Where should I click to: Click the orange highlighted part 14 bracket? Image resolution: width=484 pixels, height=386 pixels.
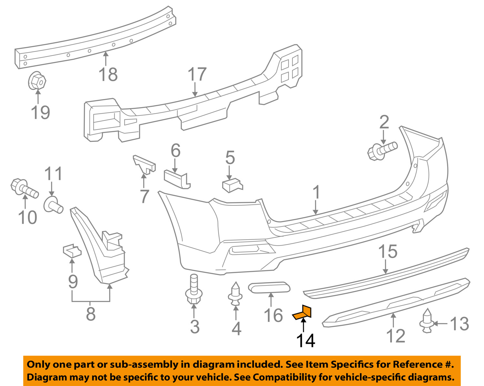click(x=302, y=313)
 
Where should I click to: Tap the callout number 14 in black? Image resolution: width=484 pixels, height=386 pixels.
click(x=305, y=341)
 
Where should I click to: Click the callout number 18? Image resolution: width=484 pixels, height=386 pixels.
click(x=108, y=75)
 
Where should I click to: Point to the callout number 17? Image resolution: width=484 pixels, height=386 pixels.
click(x=197, y=74)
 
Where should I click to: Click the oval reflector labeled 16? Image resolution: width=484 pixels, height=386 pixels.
click(x=269, y=288)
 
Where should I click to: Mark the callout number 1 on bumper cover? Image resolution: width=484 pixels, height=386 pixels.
click(x=317, y=192)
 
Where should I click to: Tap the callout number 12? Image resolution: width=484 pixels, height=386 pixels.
click(x=396, y=336)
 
